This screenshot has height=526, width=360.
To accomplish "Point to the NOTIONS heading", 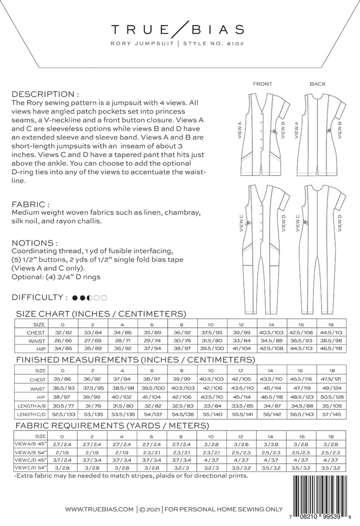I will (x=34, y=243).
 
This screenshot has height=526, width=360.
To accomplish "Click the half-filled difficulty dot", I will (x=89, y=298).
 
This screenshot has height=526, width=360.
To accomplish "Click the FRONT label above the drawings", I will (x=262, y=84).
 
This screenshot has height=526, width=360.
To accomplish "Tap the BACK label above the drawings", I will (x=318, y=84).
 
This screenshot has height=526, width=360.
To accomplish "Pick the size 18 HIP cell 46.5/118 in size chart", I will (x=331, y=349).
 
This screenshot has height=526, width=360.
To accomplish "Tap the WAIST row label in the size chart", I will (x=36, y=341).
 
